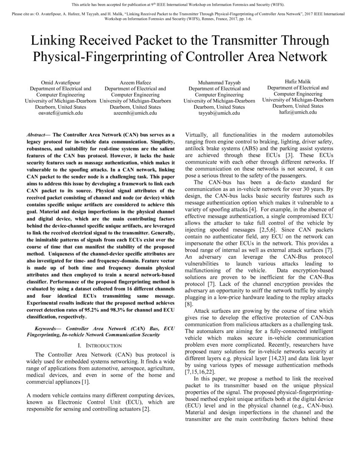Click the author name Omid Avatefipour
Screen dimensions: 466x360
click(x=60, y=82)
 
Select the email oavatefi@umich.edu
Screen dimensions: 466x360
click(x=60, y=113)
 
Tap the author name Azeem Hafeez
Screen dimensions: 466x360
click(x=135, y=82)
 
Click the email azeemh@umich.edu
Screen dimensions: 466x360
click(x=135, y=113)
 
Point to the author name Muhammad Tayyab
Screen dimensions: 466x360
click(x=219, y=82)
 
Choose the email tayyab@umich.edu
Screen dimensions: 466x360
click(x=219, y=113)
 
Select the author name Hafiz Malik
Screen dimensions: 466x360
click(x=298, y=81)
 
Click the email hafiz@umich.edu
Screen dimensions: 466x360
click(x=298, y=112)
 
